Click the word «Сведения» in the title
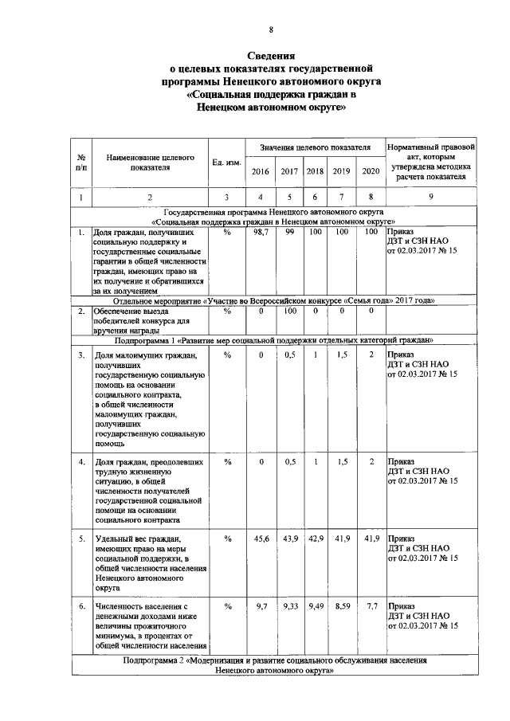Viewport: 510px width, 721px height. click(271, 56)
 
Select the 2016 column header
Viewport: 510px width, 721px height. click(261, 172)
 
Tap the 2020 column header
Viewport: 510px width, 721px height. click(371, 172)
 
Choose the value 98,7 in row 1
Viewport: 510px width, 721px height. click(261, 232)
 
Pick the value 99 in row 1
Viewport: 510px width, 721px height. click(290, 232)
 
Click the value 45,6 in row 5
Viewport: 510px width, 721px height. click(261, 539)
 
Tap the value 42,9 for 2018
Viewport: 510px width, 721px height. click(316, 539)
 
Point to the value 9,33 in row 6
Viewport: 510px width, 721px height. click(290, 607)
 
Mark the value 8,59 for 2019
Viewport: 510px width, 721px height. click(342, 607)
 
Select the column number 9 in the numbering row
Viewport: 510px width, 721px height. click(430, 198)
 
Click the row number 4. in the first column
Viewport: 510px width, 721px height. click(82, 461)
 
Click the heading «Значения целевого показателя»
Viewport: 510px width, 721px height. click(316, 148)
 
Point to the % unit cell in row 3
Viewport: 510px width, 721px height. click(227, 354)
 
